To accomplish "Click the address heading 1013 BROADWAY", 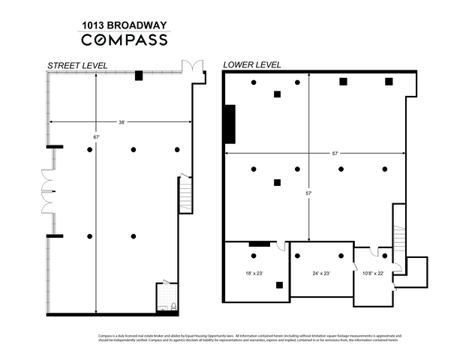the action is pyautogui.click(x=124, y=25).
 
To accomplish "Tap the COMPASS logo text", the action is pyautogui.click(x=124, y=40).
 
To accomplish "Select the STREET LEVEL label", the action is pyautogui.click(x=77, y=66).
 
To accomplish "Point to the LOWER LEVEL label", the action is pyautogui.click(x=252, y=65).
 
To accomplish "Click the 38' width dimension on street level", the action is pyautogui.click(x=122, y=121).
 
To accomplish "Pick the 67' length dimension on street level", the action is pyautogui.click(x=96, y=137).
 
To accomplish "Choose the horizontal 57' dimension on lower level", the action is pyautogui.click(x=335, y=153).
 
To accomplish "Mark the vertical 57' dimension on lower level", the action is pyautogui.click(x=309, y=193).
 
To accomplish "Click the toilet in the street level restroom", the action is pyautogui.click(x=173, y=305).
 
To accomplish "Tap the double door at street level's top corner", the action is pyautogui.click(x=194, y=66).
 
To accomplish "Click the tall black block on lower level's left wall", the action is pyautogui.click(x=230, y=124).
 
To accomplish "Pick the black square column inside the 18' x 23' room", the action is pyautogui.click(x=279, y=285).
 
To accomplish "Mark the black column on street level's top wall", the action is pyautogui.click(x=139, y=75).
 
